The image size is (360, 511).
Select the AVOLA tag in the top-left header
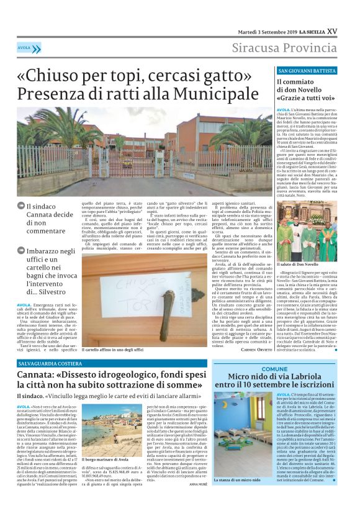click(25, 48)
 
